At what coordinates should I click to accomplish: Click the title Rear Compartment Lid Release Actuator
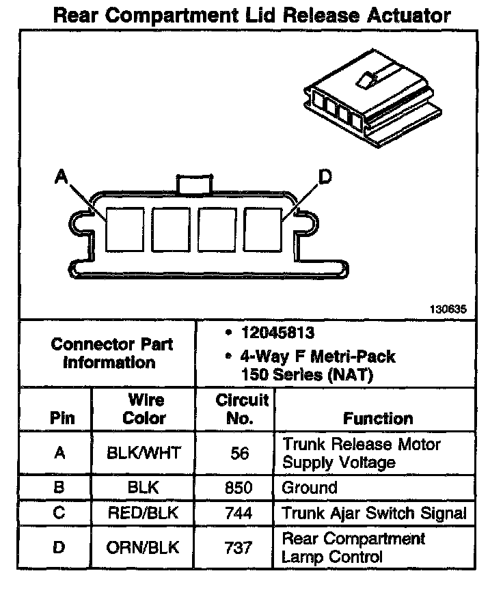coord(251,15)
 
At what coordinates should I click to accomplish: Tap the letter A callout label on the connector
coord(61,178)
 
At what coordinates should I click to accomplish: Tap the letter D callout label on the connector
coord(325,178)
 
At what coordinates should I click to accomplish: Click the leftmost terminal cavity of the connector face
coord(124,228)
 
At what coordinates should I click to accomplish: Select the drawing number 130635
coord(448,309)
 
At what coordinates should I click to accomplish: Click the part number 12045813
coord(277,334)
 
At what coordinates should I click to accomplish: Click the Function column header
coord(377,418)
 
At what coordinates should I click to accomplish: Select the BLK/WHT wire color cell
coord(144,454)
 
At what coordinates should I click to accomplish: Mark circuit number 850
coord(239,488)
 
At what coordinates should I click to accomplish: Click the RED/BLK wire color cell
coord(144,513)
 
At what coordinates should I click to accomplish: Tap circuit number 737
coord(239,547)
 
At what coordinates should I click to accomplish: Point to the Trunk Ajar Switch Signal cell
coord(374,513)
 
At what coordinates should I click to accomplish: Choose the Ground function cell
coord(310,488)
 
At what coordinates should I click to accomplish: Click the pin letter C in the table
coord(59,513)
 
